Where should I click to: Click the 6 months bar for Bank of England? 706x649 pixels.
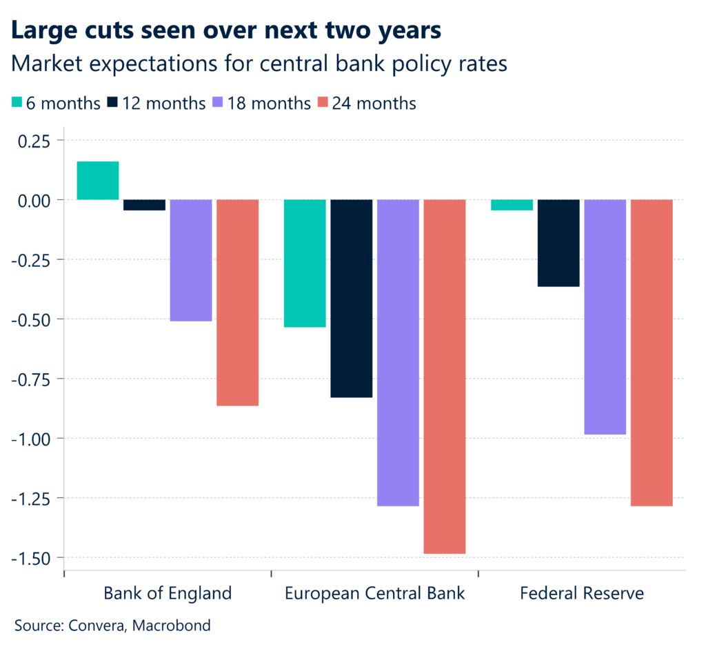tap(98, 181)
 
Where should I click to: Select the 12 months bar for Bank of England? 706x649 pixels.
tap(144, 205)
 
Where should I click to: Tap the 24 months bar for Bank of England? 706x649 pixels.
tap(238, 302)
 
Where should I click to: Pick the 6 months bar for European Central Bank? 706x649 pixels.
tap(305, 263)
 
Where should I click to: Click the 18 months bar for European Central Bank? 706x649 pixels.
tap(398, 352)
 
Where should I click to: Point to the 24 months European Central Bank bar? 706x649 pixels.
tap(445, 376)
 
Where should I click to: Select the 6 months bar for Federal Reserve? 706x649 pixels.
tap(512, 205)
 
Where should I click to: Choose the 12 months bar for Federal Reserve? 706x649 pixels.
tap(558, 243)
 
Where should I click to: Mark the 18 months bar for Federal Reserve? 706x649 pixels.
tap(605, 317)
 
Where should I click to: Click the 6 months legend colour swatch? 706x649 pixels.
tap(17, 103)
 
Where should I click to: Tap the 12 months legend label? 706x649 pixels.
tap(163, 103)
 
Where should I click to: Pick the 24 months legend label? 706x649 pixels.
tap(374, 103)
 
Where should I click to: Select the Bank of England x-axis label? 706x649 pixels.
tap(168, 593)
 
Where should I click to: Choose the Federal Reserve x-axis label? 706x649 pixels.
tap(582, 593)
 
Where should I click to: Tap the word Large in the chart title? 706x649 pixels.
tap(43, 31)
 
